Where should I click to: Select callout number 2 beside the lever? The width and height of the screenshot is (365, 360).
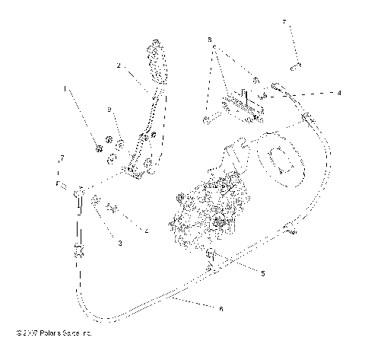[119, 66]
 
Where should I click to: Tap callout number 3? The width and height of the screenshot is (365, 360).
[119, 243]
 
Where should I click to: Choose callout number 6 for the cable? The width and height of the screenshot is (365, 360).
[221, 309]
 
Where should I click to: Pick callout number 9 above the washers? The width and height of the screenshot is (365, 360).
[110, 111]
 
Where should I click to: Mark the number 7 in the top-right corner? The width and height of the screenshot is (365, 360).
[284, 24]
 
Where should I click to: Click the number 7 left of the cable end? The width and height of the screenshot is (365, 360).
[62, 158]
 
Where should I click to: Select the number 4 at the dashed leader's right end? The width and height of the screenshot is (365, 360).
[339, 92]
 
